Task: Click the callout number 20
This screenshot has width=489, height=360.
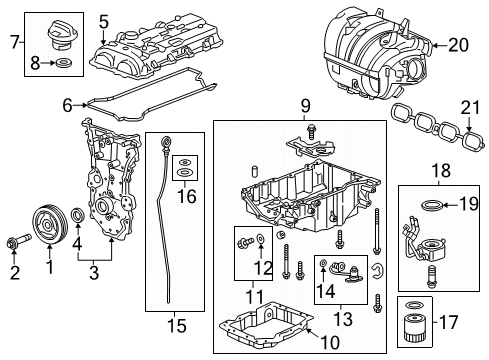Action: (458, 44)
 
